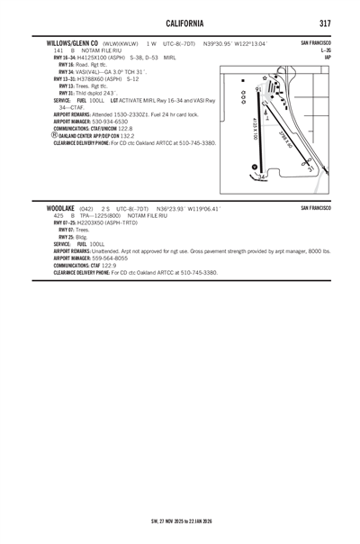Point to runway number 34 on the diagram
tap(261, 177)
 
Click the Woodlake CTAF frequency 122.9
tap(108, 265)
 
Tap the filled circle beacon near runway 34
tap(254, 167)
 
